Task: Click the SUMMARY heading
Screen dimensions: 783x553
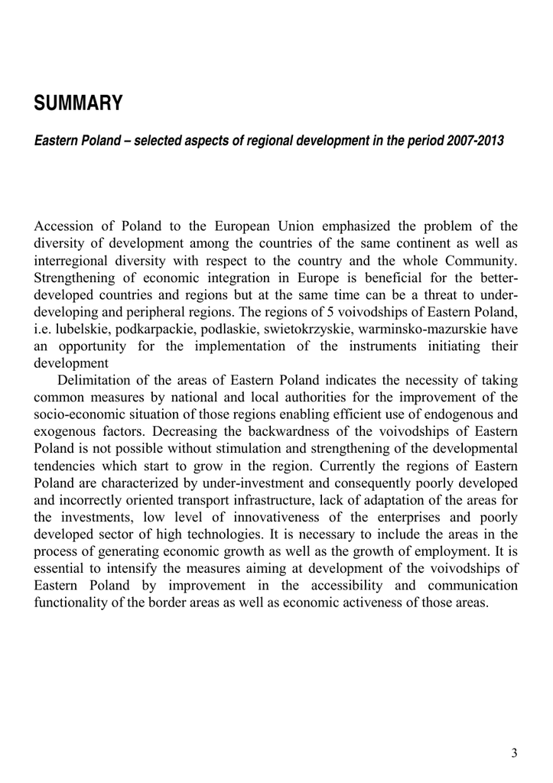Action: (x=78, y=104)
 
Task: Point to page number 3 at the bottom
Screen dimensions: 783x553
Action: (x=514, y=753)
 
